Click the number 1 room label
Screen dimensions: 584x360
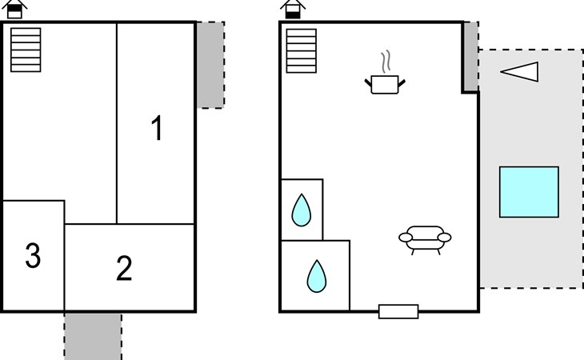click(158, 128)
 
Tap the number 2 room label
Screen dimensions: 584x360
click(124, 268)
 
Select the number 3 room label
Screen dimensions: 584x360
click(33, 255)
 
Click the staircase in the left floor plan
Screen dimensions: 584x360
click(26, 50)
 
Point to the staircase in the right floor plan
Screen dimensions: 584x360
click(302, 50)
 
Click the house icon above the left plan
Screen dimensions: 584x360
click(14, 9)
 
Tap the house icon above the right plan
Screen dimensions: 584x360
click(293, 9)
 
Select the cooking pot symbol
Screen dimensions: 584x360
click(385, 85)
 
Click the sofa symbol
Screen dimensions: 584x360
click(425, 239)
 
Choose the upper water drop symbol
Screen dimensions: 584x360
click(302, 210)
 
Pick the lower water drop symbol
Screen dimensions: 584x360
click(317, 276)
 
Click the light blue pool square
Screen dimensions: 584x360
click(529, 192)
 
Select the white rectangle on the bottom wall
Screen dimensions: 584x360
click(398, 312)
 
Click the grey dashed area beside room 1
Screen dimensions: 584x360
click(210, 65)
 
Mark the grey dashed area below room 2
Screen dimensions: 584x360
click(93, 337)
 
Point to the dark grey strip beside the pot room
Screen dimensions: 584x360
click(471, 57)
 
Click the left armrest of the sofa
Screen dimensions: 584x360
click(406, 237)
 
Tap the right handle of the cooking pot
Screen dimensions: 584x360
click(402, 83)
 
